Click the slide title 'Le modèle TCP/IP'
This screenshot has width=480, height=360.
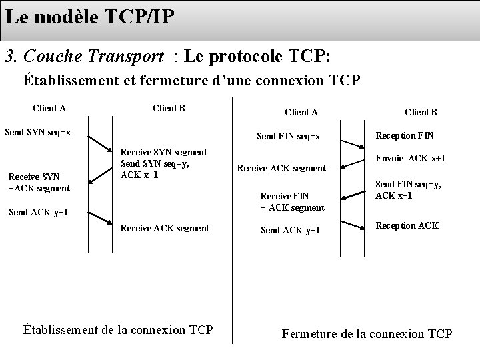[x=91, y=17]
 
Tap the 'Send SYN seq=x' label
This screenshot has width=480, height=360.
[x=38, y=132]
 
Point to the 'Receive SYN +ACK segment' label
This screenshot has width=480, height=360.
[x=38, y=183]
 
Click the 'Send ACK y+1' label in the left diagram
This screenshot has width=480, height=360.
[x=37, y=213]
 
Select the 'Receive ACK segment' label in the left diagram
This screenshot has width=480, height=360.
[x=164, y=228]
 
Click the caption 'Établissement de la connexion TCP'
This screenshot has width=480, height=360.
[x=118, y=329]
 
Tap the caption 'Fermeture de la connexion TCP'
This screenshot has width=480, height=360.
[x=367, y=333]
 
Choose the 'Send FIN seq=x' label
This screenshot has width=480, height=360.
[x=289, y=137]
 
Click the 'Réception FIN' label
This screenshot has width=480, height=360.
[x=405, y=135]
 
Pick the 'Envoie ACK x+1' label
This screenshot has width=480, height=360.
[x=411, y=159]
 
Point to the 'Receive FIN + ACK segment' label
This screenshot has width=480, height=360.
[x=292, y=201]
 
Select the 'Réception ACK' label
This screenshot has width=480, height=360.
[x=407, y=225]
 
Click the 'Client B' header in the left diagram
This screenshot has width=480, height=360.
[x=169, y=108]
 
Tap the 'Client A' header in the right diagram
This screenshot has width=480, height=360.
[x=301, y=113]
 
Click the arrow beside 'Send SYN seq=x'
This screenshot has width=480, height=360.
[x=100, y=144]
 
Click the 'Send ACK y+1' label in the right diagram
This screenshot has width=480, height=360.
[x=290, y=231]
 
